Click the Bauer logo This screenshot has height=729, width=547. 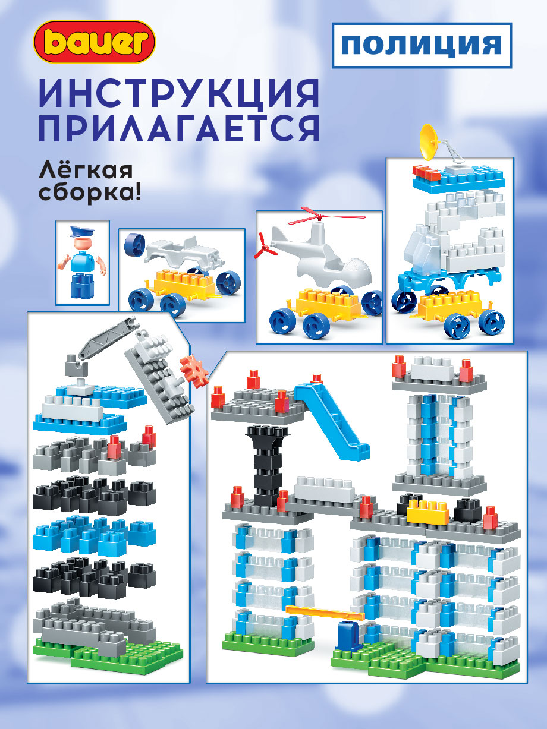[95, 42]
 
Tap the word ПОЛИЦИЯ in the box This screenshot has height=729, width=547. [422, 45]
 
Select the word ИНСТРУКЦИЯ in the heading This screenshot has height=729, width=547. [179, 93]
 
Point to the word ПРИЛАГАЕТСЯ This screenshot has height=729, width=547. [179, 128]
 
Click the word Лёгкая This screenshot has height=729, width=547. [86, 170]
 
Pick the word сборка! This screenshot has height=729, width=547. [90, 192]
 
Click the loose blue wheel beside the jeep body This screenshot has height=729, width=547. [134, 245]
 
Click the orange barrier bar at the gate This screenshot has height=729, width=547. [325, 612]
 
